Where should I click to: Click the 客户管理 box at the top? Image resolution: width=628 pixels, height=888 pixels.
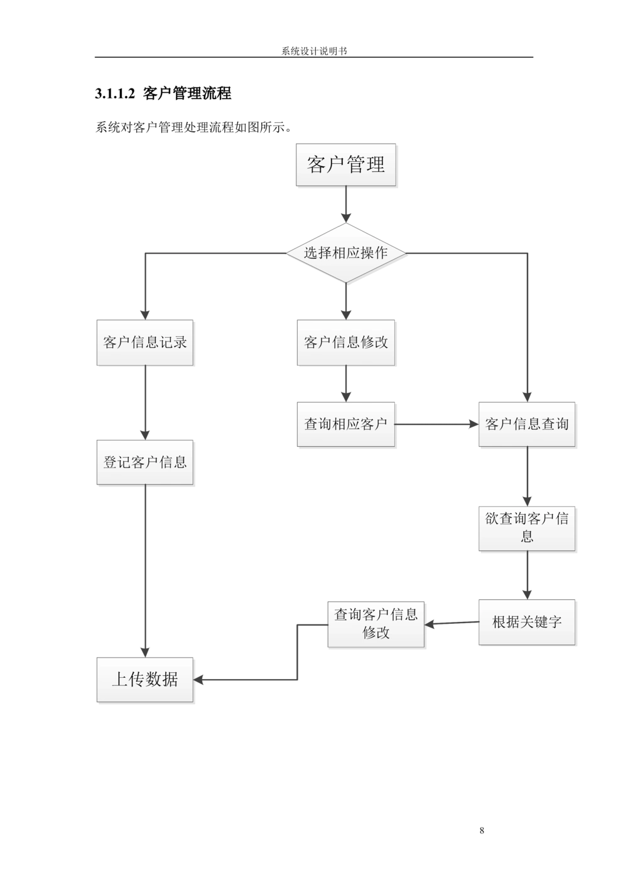click(x=345, y=164)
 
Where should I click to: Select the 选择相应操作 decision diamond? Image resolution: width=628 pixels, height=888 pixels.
click(x=345, y=253)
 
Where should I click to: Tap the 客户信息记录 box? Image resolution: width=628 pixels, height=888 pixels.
click(x=144, y=343)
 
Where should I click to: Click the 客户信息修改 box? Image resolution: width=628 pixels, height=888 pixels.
click(x=345, y=343)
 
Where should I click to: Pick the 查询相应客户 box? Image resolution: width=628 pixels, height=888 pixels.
click(x=345, y=424)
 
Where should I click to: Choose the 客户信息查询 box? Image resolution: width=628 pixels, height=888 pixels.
click(x=526, y=424)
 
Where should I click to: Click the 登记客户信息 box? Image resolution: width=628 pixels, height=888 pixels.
click(x=144, y=463)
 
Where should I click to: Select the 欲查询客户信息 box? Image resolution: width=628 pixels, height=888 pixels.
click(x=526, y=527)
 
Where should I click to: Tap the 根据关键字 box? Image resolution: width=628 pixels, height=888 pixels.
click(x=526, y=622)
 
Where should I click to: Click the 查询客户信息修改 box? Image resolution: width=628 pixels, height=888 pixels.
click(x=376, y=623)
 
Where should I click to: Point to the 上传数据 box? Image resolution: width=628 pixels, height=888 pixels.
click(x=144, y=679)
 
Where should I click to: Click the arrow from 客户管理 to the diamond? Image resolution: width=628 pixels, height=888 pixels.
click(x=345, y=205)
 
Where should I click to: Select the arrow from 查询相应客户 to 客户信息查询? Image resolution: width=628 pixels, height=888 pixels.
click(x=436, y=425)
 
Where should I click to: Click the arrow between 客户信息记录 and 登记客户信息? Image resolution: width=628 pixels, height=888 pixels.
click(x=145, y=402)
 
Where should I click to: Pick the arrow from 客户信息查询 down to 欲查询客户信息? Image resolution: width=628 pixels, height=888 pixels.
click(x=527, y=476)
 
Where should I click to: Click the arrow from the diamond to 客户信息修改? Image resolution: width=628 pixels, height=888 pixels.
click(x=345, y=301)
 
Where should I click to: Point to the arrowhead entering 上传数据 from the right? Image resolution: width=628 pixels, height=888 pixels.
click(x=200, y=680)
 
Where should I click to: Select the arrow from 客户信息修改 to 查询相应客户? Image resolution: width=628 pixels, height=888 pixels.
click(x=345, y=384)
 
